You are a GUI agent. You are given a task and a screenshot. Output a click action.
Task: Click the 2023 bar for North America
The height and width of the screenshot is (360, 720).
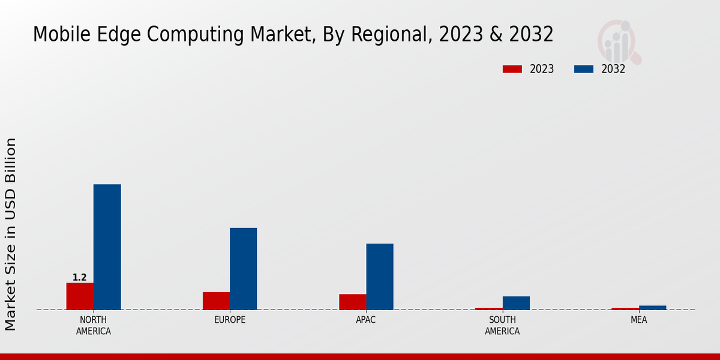tap(80, 296)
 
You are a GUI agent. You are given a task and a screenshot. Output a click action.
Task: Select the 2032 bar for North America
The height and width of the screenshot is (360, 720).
tap(107, 247)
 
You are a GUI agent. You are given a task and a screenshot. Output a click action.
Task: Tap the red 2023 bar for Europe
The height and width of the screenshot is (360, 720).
tap(216, 301)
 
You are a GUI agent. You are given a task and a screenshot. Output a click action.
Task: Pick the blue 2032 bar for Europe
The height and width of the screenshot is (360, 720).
tap(243, 268)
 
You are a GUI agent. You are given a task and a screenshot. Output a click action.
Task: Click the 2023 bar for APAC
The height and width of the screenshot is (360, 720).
tap(352, 302)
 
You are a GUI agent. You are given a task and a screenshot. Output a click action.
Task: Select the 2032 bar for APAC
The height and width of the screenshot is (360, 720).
tap(380, 276)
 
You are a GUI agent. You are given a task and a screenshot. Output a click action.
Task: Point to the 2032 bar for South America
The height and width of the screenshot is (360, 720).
tap(516, 303)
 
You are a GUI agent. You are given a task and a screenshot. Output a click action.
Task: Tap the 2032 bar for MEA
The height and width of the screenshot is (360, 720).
tap(652, 307)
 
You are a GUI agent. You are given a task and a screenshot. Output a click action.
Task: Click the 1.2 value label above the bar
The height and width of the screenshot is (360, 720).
tap(80, 277)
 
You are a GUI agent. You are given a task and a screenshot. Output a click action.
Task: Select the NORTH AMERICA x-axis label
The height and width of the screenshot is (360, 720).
tap(94, 325)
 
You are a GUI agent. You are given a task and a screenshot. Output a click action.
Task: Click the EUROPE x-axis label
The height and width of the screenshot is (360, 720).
tap(230, 320)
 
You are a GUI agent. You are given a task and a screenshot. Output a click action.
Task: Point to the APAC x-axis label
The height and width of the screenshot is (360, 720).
tap(366, 320)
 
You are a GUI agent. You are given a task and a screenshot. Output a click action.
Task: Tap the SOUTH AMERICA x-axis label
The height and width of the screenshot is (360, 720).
tap(502, 325)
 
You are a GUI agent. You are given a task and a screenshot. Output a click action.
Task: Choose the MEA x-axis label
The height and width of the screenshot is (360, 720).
tap(638, 320)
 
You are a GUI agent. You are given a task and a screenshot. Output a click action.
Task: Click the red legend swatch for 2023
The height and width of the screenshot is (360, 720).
tap(512, 69)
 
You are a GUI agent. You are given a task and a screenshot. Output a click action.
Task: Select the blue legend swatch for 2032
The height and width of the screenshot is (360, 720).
tap(583, 69)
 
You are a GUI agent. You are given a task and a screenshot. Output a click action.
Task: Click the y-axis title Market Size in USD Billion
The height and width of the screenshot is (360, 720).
tap(11, 234)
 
